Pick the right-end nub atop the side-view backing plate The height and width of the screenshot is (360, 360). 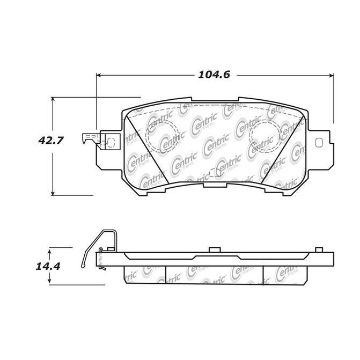coord(319,249)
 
